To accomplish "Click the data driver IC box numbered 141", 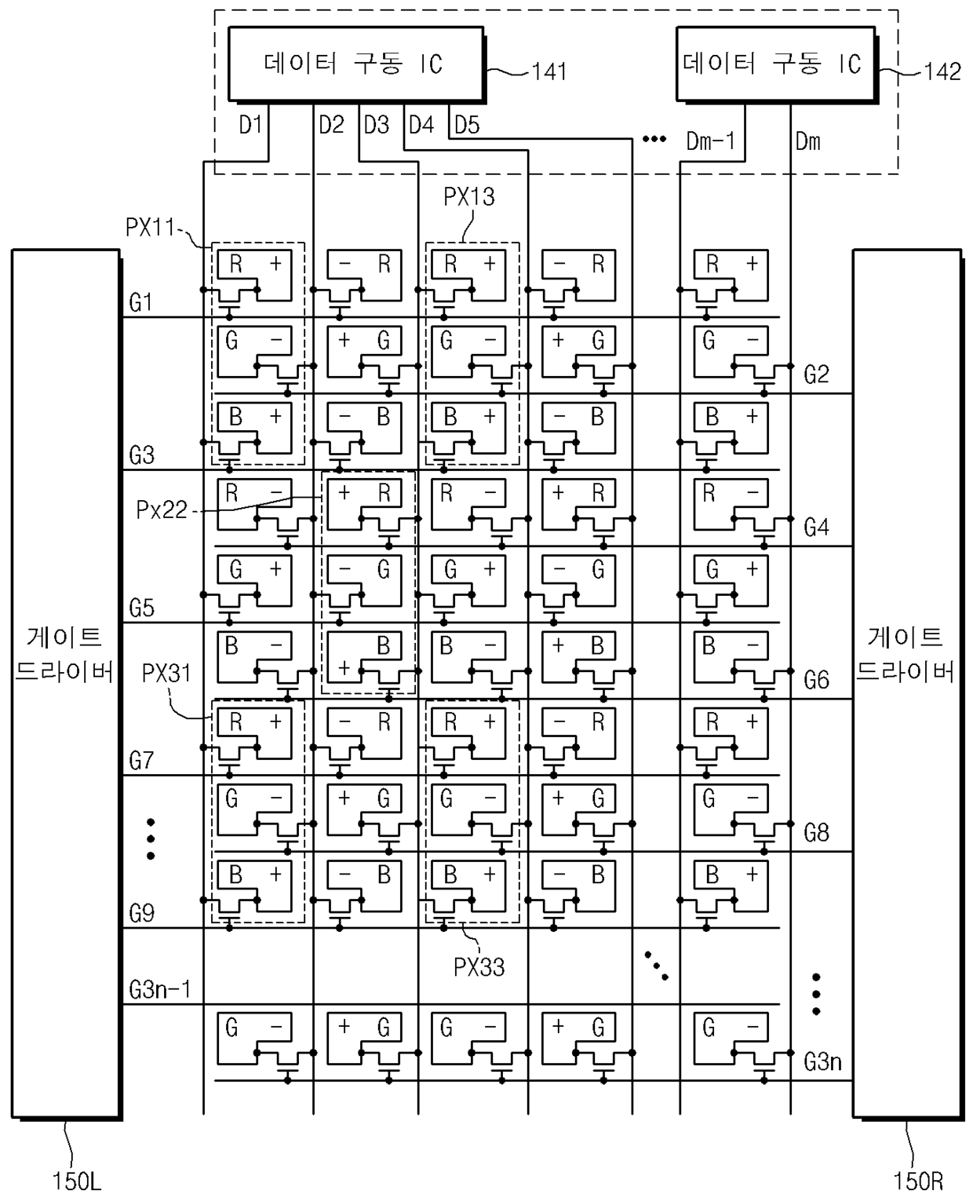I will [x=355, y=64].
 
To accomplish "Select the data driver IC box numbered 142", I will [x=774, y=64].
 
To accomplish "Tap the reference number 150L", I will [x=77, y=1180].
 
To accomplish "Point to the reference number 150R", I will [x=917, y=1180].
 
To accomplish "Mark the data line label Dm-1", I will [x=710, y=141].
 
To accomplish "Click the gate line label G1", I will [x=140, y=302].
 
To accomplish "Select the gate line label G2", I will [x=816, y=374].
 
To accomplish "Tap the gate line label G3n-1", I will [x=159, y=989].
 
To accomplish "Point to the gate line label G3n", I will [x=822, y=1062].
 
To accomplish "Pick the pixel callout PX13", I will [x=469, y=196].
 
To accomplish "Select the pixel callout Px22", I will [x=162, y=510].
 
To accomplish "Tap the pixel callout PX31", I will [x=166, y=673].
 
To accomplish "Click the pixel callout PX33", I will [x=479, y=967].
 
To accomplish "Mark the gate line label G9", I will [x=141, y=913].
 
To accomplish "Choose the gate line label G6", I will [x=816, y=680].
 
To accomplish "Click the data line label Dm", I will [x=807, y=141].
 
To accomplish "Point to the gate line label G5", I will [x=141, y=608].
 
